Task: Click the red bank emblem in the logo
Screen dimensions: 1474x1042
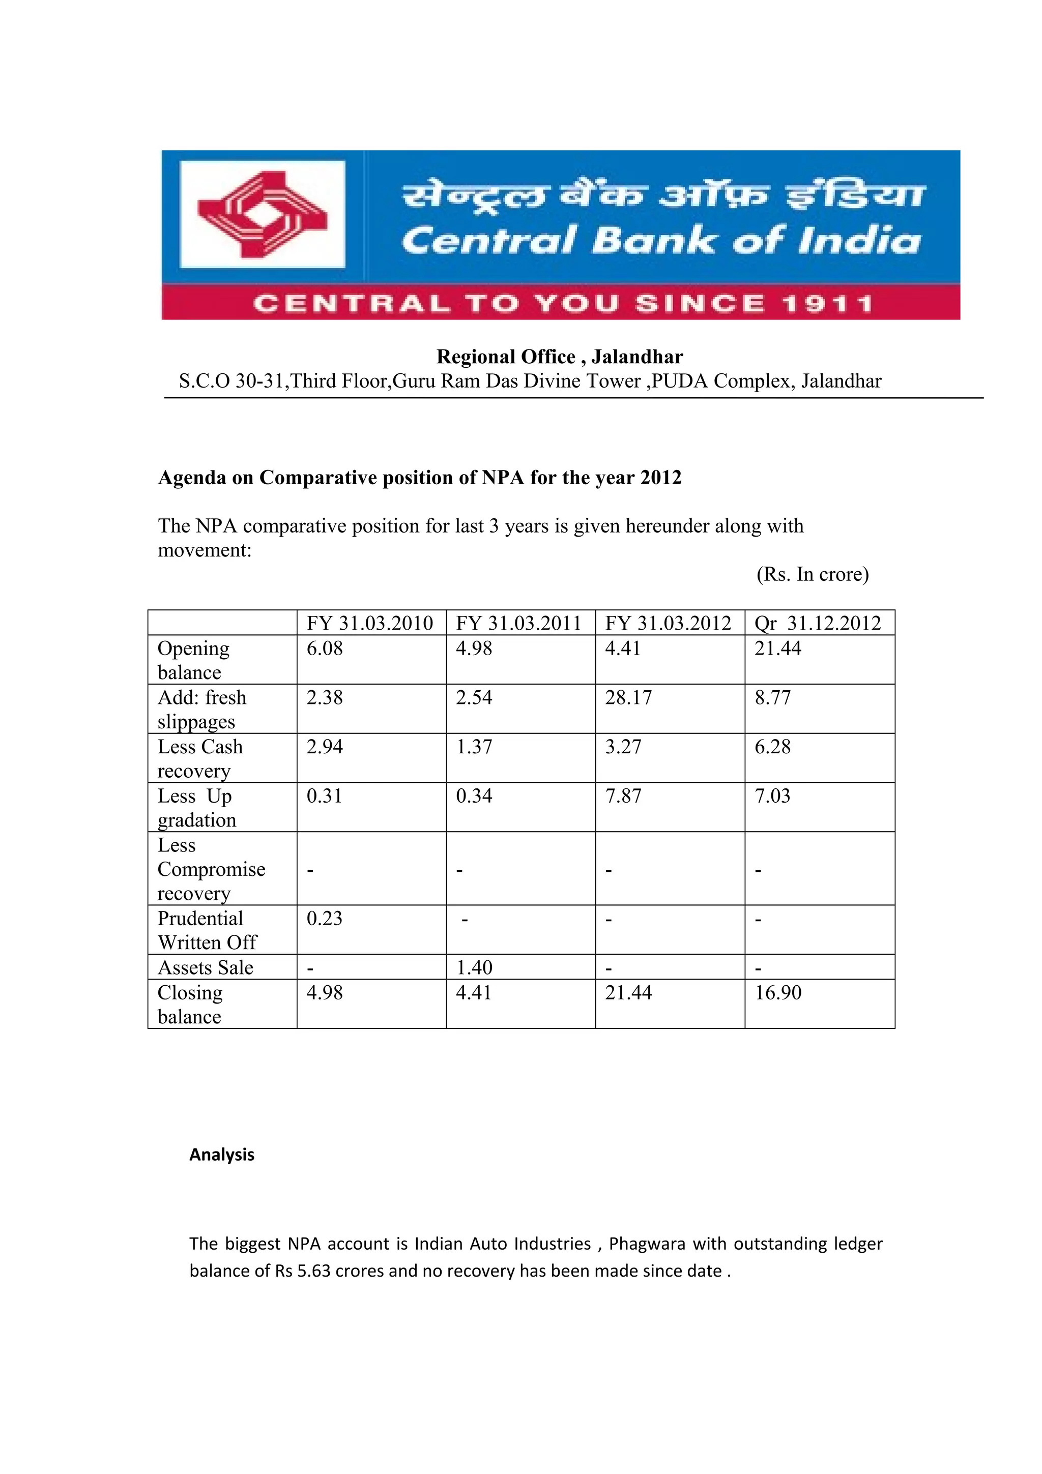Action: point(263,214)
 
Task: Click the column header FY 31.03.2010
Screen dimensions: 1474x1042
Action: point(370,624)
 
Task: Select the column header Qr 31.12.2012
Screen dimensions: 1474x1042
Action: point(818,624)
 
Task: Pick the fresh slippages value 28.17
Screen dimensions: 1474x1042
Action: point(628,698)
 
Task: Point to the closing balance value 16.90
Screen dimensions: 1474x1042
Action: point(777,993)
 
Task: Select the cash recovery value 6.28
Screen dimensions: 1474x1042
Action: point(772,747)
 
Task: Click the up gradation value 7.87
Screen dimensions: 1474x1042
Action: point(623,796)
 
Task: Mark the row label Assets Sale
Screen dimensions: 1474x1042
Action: point(206,968)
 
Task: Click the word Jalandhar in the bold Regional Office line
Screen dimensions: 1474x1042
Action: point(637,357)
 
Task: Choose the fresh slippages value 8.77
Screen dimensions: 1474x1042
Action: point(772,698)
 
